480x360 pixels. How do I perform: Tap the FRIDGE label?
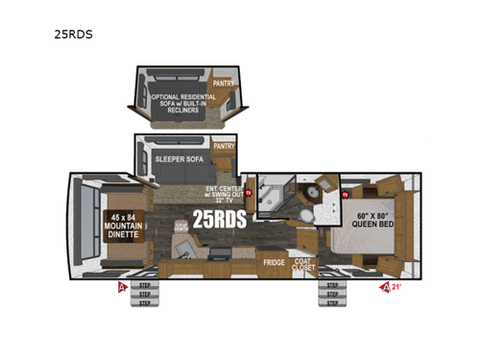[x=276, y=260]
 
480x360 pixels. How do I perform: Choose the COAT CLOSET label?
[x=303, y=264]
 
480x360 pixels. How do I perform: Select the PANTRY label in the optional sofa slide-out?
[x=224, y=84]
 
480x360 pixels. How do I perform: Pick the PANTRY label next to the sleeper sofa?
[x=224, y=147]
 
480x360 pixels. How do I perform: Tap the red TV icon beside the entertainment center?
[x=248, y=193]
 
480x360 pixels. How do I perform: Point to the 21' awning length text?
[x=396, y=286]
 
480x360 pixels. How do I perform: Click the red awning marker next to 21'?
[x=385, y=286]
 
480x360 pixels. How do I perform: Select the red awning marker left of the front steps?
[x=121, y=286]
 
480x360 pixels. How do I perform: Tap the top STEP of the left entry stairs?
[x=145, y=285]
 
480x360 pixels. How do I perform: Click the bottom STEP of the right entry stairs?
[x=331, y=302]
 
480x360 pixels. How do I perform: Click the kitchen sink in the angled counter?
[x=182, y=249]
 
